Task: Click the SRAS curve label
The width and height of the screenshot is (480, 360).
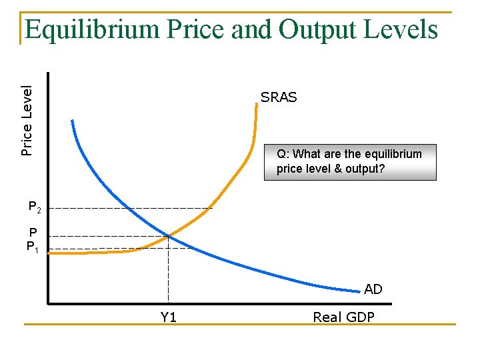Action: click(279, 97)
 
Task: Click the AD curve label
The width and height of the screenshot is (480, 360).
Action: click(373, 289)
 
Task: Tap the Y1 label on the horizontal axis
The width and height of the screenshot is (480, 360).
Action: click(169, 317)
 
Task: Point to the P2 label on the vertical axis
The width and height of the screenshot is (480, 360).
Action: click(35, 208)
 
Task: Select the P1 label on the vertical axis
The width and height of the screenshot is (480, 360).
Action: click(34, 247)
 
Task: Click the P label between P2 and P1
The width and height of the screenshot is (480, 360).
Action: click(33, 233)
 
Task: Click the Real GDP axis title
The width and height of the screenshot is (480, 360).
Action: click(343, 317)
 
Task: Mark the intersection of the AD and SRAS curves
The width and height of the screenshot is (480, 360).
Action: click(169, 236)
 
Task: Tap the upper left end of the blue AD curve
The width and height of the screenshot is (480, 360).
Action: click(72, 121)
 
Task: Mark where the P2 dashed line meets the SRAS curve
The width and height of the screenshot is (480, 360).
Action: click(211, 209)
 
